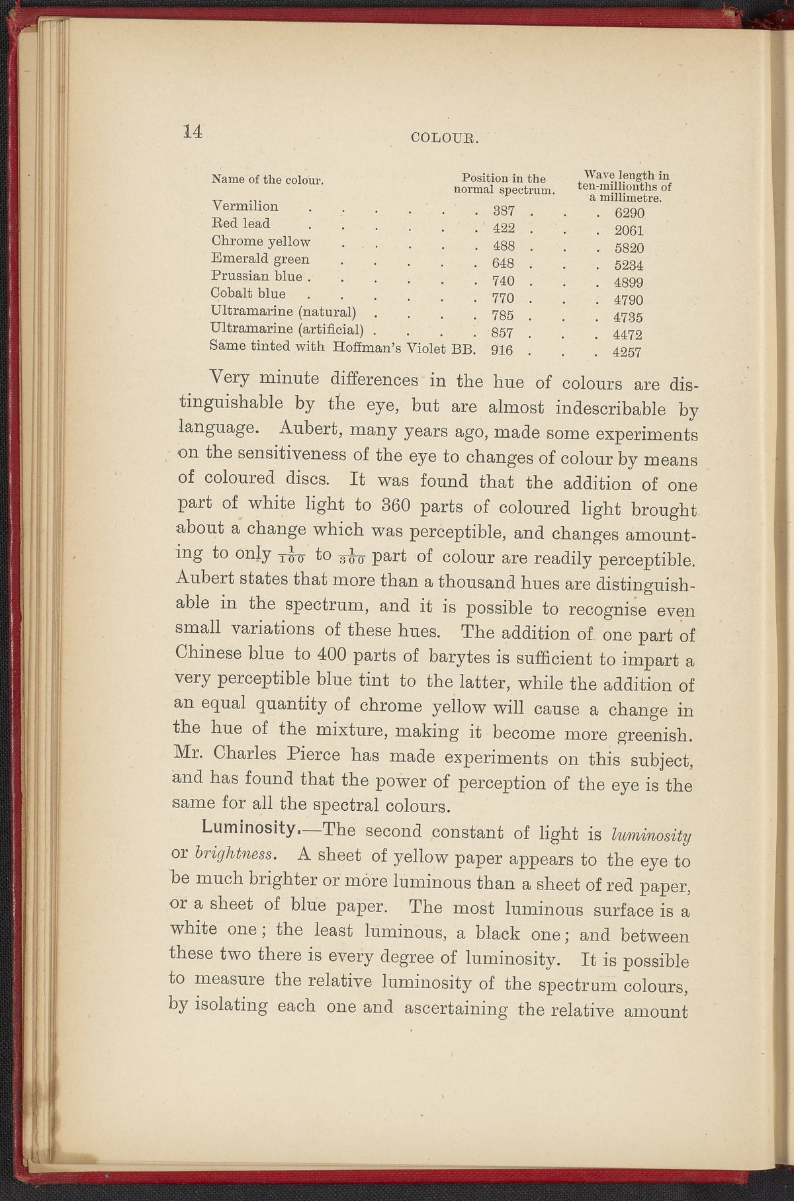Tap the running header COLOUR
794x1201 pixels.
445,138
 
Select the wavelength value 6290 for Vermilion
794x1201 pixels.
629,214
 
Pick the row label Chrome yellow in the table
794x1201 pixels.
261,241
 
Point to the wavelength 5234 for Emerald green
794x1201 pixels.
629,265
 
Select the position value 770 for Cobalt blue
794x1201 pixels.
504,298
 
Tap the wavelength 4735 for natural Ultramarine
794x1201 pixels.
629,317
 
